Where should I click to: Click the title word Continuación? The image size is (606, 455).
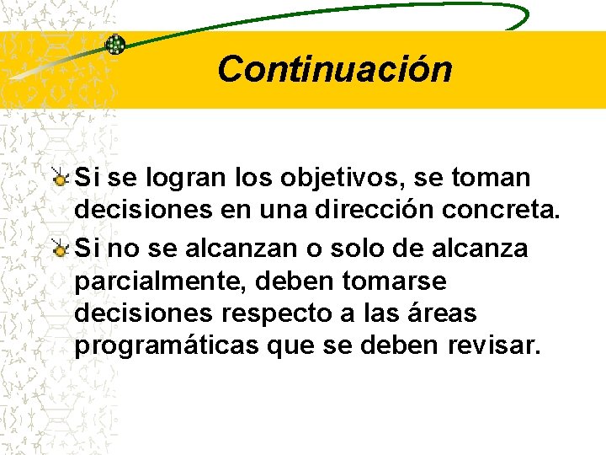[334, 69]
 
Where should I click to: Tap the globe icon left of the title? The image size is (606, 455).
[115, 45]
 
